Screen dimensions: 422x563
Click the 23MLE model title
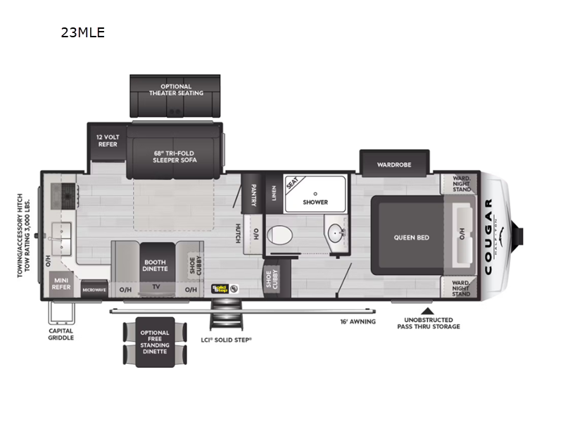coord(84,32)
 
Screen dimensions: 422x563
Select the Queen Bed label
coord(412,238)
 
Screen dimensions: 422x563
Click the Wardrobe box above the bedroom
coord(394,165)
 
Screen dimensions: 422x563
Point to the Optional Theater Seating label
coord(176,90)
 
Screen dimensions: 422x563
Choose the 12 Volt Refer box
coord(108,140)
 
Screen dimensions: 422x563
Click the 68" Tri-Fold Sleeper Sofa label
coord(175,156)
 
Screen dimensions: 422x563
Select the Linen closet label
coord(273,191)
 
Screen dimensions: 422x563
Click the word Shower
coord(315,202)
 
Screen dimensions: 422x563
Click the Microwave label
coord(94,289)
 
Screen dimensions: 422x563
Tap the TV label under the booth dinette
coord(156,287)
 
